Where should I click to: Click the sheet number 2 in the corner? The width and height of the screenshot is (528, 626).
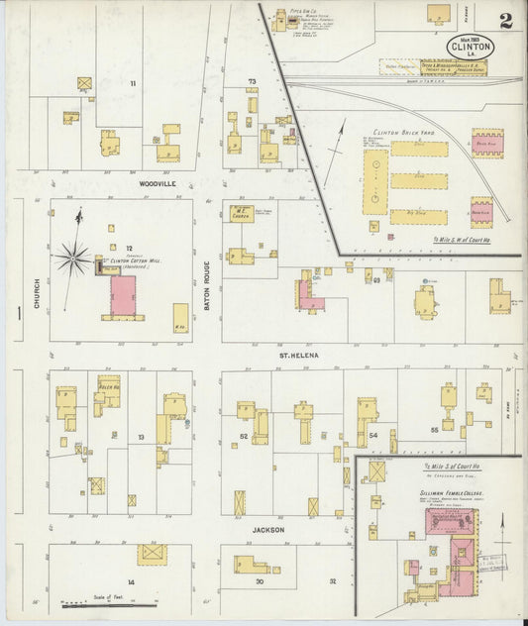coord(506,21)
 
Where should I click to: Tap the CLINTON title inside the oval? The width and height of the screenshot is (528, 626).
coord(477,46)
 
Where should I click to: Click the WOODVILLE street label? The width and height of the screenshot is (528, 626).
coord(158,183)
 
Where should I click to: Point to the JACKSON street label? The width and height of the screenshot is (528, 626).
coord(267,530)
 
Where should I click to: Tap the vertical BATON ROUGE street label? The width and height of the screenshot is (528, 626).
coord(207,282)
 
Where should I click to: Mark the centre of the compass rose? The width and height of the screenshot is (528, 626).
coord(72,260)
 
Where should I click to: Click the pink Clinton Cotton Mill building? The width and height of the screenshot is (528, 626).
coord(124,295)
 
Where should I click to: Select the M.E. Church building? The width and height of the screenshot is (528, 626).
coord(240,213)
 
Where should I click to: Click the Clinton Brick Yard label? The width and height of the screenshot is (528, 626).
coord(404,132)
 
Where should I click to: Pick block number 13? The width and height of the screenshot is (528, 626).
coord(141,437)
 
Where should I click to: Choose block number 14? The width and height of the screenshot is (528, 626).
coord(130,581)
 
